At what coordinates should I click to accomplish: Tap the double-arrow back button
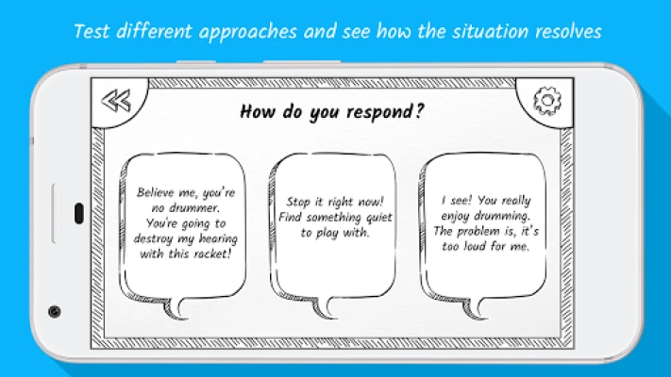point(116,101)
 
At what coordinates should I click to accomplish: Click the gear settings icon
point(547,101)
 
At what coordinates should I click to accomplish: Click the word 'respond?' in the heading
point(385,112)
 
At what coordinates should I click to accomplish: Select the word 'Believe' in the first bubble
point(155,192)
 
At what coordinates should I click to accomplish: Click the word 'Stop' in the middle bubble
point(298,202)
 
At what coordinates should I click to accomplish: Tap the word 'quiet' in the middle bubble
point(378,218)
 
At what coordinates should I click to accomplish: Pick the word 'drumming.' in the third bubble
point(501,216)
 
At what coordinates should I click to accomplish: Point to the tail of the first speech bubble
point(176,308)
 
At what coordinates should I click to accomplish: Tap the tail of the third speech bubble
point(474,308)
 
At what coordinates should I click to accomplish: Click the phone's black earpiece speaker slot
point(79,214)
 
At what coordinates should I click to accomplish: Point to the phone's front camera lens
point(55,312)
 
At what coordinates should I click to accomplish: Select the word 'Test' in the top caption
point(92,32)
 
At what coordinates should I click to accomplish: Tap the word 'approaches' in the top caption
point(248,32)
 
